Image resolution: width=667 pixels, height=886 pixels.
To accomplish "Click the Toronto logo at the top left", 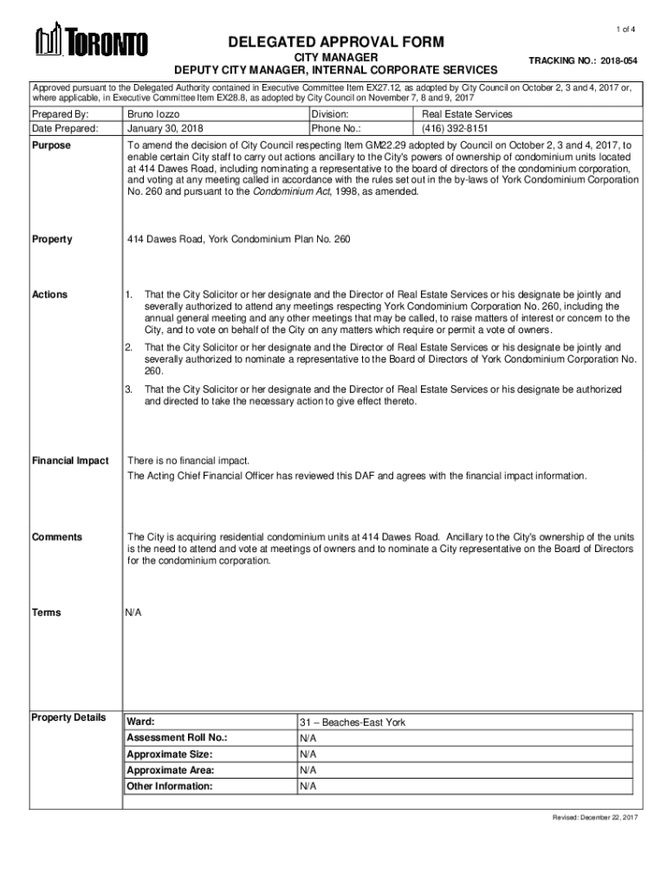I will click(x=91, y=42).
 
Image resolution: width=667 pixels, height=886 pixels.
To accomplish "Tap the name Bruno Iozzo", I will click(x=154, y=114).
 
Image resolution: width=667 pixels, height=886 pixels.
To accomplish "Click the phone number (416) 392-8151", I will click(x=449, y=129).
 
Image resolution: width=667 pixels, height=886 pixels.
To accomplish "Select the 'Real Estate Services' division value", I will click(x=467, y=114).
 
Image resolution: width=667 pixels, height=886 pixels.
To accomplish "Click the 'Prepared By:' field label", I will click(x=60, y=114).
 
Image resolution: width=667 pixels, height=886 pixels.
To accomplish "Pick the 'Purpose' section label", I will click(x=52, y=146).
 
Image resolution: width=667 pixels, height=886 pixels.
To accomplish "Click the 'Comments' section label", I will click(x=57, y=537).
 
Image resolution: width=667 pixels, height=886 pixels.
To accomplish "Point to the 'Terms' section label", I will click(x=47, y=613).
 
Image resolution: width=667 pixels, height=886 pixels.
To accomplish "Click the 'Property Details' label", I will click(x=68, y=717).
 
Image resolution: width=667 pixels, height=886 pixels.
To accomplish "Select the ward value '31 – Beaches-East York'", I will click(x=353, y=722).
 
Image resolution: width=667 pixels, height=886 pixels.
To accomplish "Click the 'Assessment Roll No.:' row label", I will click(x=177, y=739).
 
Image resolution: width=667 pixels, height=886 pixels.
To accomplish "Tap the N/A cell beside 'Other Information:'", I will click(x=308, y=786).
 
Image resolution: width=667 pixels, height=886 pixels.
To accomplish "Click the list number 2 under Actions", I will click(x=129, y=347).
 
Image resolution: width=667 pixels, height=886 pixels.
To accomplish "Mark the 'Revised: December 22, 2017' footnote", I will click(x=595, y=818).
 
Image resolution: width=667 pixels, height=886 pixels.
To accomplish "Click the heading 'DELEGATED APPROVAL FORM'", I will click(x=336, y=42).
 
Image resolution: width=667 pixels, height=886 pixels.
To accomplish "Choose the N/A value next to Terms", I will click(x=133, y=613).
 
